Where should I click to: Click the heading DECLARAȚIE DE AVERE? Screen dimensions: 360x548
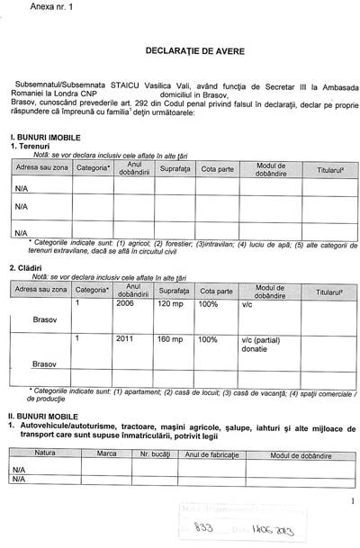[180, 47]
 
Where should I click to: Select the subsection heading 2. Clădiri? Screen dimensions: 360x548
[26, 268]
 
